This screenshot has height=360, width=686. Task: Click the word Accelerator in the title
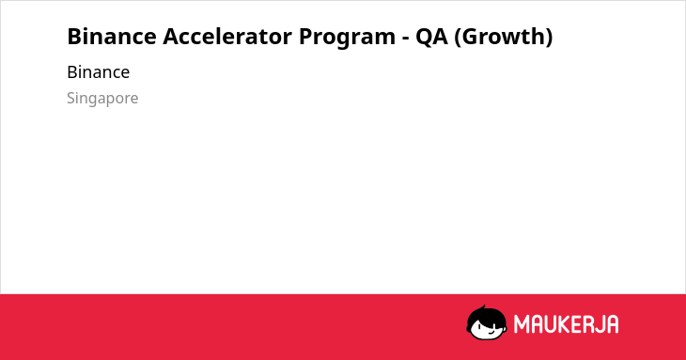pos(227,37)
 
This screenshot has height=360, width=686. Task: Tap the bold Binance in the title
pos(112,37)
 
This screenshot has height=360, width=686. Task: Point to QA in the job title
pos(431,37)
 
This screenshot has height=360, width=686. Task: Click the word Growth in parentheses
pos(502,37)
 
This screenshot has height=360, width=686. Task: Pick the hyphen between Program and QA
pos(406,39)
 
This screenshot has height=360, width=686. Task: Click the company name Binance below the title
pos(99,72)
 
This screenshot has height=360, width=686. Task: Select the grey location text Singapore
pos(102,99)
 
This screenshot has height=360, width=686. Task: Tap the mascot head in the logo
pos(487,322)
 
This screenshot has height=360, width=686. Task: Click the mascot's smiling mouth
pos(491,332)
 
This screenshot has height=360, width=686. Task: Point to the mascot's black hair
pos(486,315)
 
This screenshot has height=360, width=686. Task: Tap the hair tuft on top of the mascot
pos(484,307)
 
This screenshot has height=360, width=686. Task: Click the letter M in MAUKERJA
pos(522,324)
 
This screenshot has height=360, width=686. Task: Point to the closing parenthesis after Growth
pos(549,38)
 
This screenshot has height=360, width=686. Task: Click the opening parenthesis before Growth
pos(458,38)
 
